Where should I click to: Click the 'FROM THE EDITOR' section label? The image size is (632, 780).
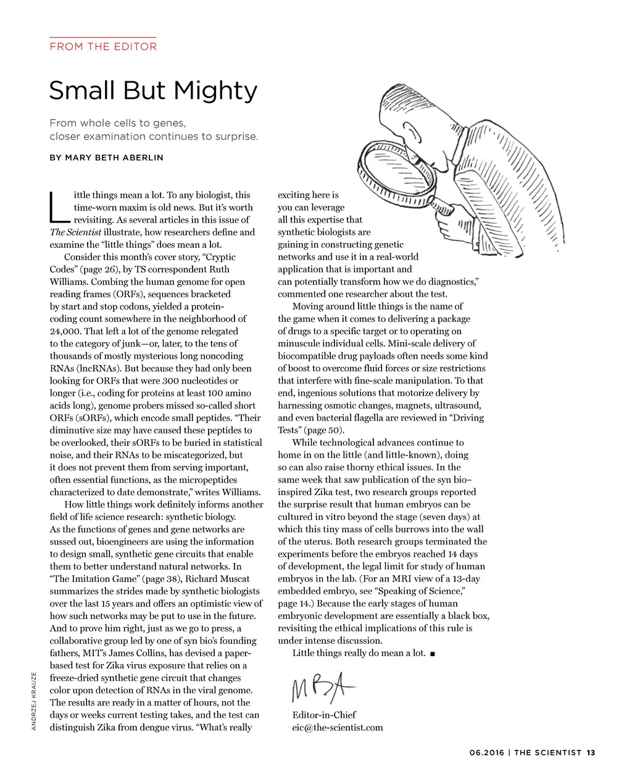103,46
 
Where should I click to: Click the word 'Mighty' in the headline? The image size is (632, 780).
215,91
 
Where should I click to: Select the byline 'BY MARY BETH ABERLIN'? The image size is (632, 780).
106,158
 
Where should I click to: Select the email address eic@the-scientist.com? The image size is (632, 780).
337,728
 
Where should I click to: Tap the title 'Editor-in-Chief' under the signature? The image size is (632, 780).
324,715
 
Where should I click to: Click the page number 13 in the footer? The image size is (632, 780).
591,752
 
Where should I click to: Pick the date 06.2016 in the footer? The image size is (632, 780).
486,752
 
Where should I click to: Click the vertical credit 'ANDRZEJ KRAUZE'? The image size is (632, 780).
34,700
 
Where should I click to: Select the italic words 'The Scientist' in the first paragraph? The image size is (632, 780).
75,232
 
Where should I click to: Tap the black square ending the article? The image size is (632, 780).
432,654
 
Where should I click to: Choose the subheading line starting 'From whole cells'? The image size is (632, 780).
117,123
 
